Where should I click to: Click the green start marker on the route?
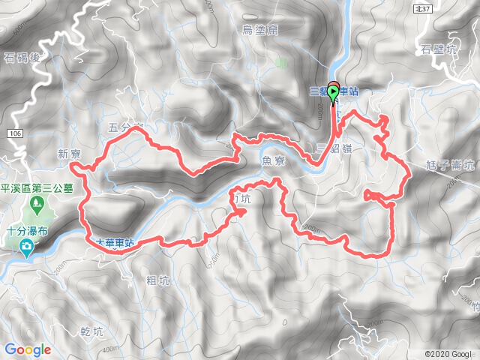[x=333, y=93]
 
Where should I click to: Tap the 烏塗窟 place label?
[x=260, y=30]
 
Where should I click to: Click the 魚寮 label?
[x=270, y=160]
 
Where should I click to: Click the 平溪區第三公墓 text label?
[x=37, y=188]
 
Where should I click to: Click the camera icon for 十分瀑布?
[x=27, y=247]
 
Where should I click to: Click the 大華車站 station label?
[x=109, y=243]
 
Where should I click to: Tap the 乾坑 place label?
[x=89, y=330]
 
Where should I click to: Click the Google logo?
[x=28, y=349]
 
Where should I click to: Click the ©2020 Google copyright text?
[x=448, y=354]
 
